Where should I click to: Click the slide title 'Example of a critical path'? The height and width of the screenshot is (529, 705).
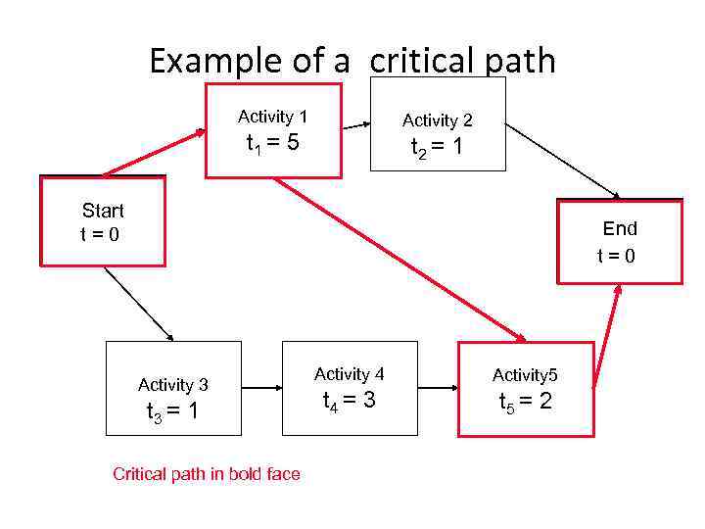pyautogui.click(x=352, y=61)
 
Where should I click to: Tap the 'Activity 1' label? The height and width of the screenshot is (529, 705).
pyautogui.click(x=272, y=117)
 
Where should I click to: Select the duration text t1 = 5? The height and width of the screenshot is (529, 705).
pyautogui.click(x=272, y=145)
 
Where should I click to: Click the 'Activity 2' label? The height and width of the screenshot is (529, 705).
pyautogui.click(x=438, y=120)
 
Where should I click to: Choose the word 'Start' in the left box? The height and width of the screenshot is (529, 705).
pyautogui.click(x=103, y=211)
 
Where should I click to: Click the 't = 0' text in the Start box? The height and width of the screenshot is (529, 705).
pyautogui.click(x=99, y=234)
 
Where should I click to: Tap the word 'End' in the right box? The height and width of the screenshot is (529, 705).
pyautogui.click(x=620, y=228)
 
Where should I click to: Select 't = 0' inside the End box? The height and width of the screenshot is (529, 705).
pyautogui.click(x=617, y=256)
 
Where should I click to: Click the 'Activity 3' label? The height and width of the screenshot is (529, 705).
pyautogui.click(x=173, y=385)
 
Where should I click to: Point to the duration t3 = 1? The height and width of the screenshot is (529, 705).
pyautogui.click(x=172, y=411)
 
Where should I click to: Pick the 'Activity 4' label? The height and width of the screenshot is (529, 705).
pyautogui.click(x=350, y=374)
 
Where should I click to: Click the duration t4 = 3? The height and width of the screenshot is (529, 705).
pyautogui.click(x=350, y=400)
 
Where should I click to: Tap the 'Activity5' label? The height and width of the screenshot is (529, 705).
pyautogui.click(x=525, y=375)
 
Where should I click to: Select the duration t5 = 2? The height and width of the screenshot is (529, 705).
pyautogui.click(x=525, y=402)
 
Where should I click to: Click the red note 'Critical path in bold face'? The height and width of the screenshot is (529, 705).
pyautogui.click(x=207, y=474)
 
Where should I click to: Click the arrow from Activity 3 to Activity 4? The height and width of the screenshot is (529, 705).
pyautogui.click(x=261, y=388)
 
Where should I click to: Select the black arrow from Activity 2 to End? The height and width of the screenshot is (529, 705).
pyautogui.click(x=562, y=160)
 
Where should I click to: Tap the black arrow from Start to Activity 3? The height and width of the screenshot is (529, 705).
pyautogui.click(x=138, y=304)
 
